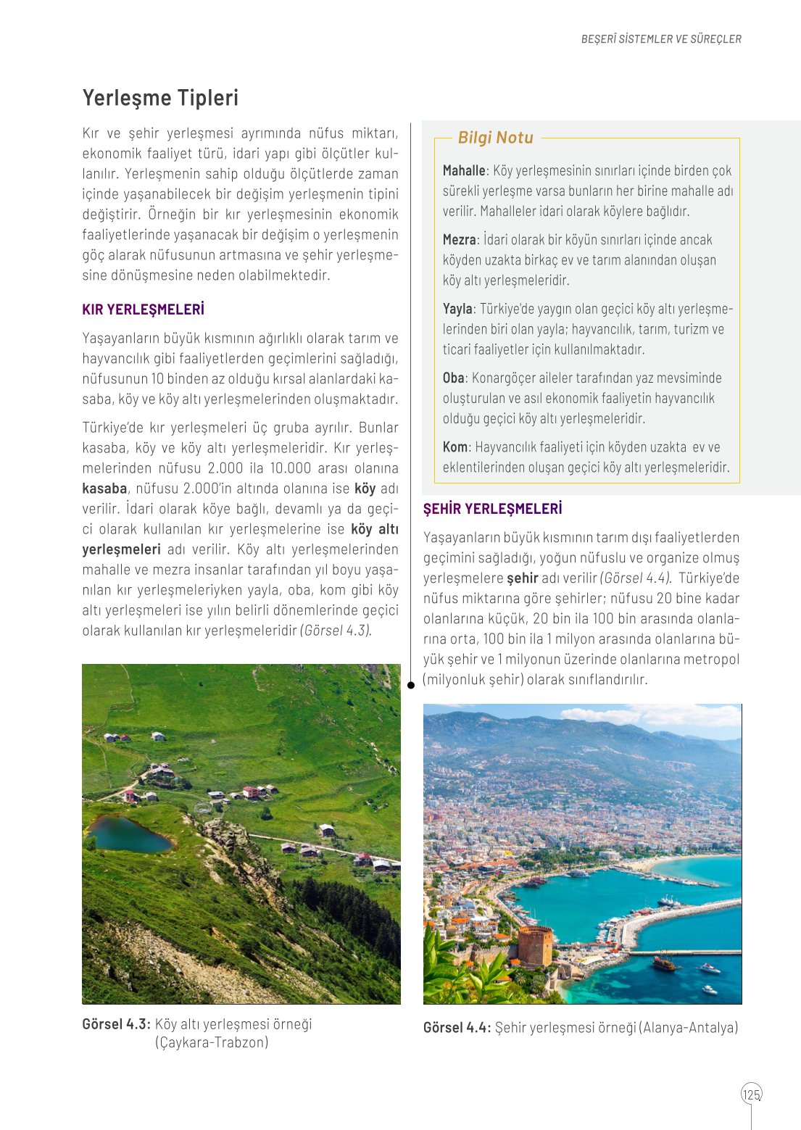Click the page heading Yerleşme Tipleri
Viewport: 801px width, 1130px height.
[x=160, y=98]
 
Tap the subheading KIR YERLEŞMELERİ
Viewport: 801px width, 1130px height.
[x=143, y=309]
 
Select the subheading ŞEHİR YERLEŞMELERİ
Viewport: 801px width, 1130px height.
[x=492, y=509]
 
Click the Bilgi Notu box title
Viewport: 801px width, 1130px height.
[x=496, y=138]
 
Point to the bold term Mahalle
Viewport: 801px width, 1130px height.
[x=464, y=171]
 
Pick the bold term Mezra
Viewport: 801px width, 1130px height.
[x=460, y=240]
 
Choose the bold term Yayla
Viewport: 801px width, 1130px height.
[x=457, y=309]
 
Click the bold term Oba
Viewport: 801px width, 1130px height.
[x=453, y=378]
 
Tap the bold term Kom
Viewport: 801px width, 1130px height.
[x=455, y=447]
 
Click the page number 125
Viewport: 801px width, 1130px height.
[x=752, y=1094]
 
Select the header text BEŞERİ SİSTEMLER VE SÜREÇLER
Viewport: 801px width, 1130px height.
[x=661, y=39]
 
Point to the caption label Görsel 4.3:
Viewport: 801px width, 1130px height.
[x=116, y=1024]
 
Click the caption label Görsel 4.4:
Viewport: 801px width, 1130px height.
[x=457, y=1028]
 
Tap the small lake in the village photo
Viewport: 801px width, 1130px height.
[x=128, y=834]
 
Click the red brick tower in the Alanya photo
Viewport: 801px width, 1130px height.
[x=535, y=945]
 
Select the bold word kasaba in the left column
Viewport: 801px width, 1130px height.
[x=104, y=489]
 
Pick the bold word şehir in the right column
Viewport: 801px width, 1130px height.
[x=522, y=578]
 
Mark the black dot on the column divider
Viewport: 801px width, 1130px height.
[x=411, y=685]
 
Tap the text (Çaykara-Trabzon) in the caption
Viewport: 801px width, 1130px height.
[x=212, y=1042]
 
